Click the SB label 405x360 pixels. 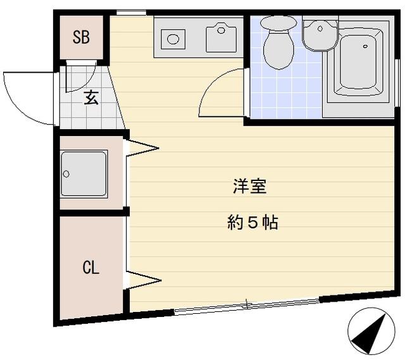[x=81, y=37]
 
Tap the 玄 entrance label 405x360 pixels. [x=90, y=97]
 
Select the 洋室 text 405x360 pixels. [x=250, y=187]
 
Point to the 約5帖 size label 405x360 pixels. [x=252, y=223]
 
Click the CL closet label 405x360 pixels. [x=90, y=267]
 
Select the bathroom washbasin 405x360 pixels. [x=320, y=35]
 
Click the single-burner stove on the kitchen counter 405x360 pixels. [x=173, y=39]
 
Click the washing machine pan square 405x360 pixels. [x=84, y=173]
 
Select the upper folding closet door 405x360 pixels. [x=143, y=148]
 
